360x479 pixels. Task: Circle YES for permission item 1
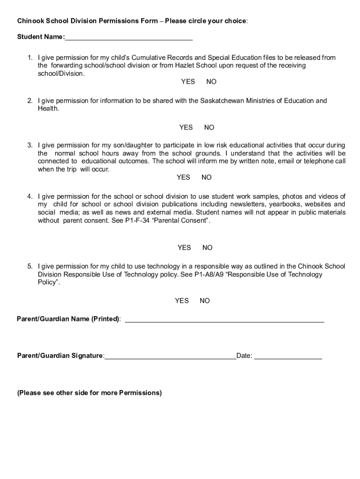(x=188, y=82)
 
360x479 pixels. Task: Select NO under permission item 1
(x=211, y=82)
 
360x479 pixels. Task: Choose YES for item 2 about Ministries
(x=186, y=128)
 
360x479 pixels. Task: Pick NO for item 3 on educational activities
(x=207, y=177)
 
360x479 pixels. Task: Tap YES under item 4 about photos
(x=184, y=248)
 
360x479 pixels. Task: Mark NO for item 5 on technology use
(x=205, y=301)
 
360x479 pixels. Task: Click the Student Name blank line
(x=129, y=37)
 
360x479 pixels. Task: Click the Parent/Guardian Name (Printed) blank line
(x=224, y=319)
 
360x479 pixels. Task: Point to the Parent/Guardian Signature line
(x=170, y=356)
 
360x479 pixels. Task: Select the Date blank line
(x=288, y=356)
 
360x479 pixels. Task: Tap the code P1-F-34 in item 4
(x=138, y=221)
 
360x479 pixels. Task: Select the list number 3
(x=29, y=145)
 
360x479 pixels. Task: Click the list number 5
(x=29, y=267)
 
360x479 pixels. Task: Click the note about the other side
(x=89, y=393)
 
